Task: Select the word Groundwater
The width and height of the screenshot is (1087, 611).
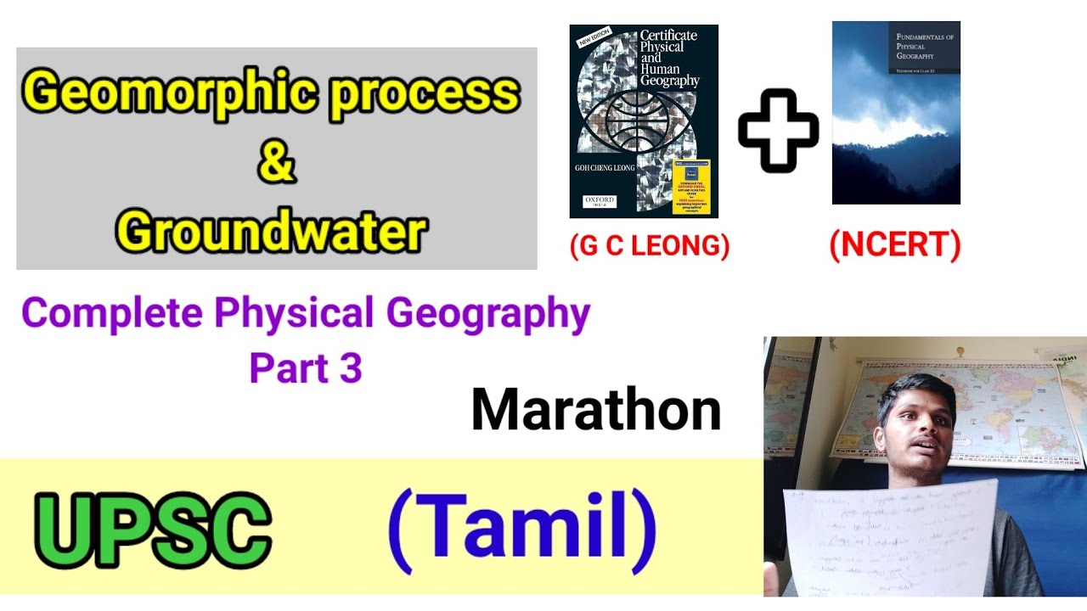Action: click(x=272, y=231)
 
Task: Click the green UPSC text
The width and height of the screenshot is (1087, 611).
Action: click(x=153, y=533)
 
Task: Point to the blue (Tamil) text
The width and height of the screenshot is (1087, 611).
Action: click(x=521, y=527)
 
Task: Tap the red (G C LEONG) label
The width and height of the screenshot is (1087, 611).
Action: click(x=650, y=246)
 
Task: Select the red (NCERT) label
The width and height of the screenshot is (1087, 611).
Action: click(x=895, y=246)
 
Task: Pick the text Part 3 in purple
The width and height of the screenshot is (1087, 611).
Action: click(x=306, y=367)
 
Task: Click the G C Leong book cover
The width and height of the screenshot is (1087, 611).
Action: click(x=644, y=121)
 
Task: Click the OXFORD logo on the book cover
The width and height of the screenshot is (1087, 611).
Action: click(x=600, y=202)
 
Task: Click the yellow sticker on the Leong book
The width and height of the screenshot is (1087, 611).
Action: click(x=690, y=186)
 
